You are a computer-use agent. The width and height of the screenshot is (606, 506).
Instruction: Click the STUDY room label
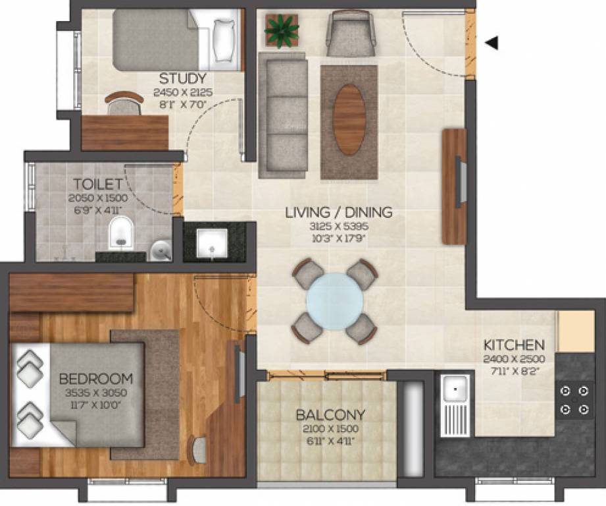[x=183, y=79]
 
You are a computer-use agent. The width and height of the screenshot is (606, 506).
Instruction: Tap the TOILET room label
[x=98, y=184]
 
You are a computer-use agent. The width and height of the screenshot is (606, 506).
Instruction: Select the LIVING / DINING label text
[x=338, y=212]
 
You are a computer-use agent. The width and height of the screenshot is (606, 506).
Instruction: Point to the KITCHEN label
[x=514, y=345]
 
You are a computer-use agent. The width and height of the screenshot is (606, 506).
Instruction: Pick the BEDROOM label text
[x=96, y=379]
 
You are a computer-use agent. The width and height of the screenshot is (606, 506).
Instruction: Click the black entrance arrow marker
[x=492, y=43]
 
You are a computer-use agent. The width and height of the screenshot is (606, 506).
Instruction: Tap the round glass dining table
[x=335, y=301]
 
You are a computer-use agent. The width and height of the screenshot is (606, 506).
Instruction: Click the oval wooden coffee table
[x=349, y=119]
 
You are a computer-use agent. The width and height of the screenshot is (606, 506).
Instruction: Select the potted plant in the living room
[x=282, y=30]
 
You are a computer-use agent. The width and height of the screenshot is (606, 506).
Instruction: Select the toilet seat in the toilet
[x=121, y=234]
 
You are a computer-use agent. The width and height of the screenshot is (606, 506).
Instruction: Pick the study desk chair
[x=124, y=103]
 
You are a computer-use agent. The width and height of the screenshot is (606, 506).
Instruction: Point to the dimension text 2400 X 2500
[x=513, y=360]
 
